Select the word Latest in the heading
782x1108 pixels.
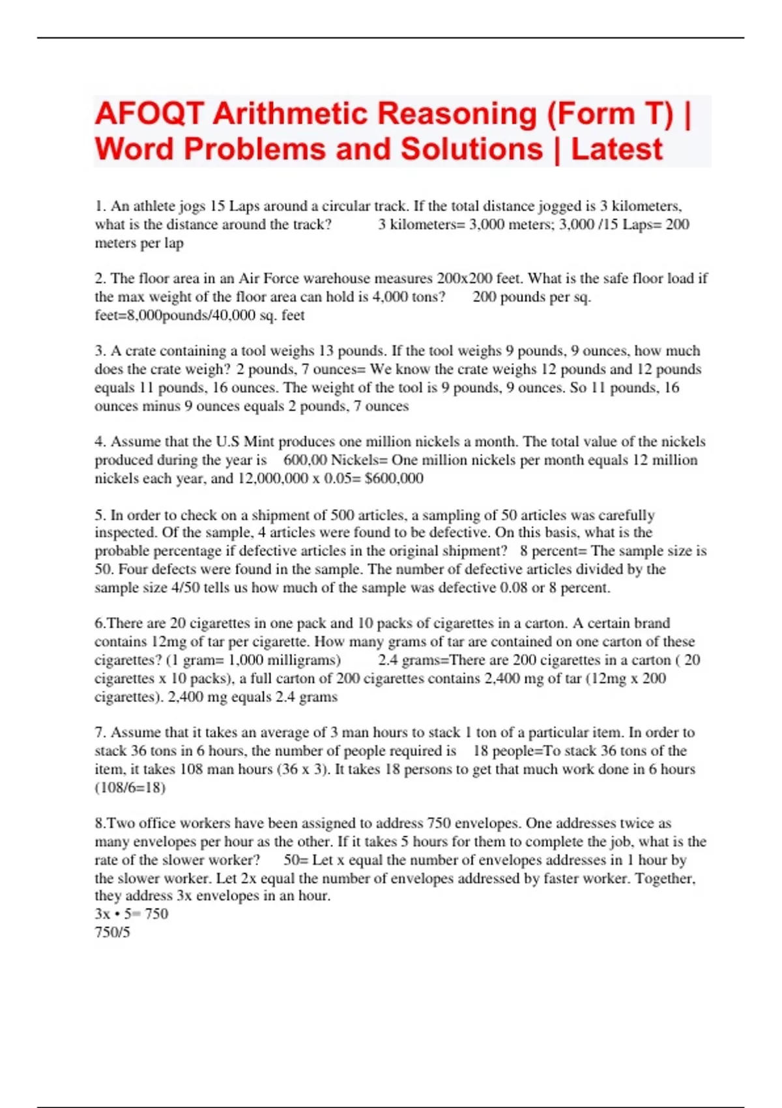(616, 149)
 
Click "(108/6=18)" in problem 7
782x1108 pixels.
(130, 787)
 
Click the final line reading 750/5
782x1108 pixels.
(113, 932)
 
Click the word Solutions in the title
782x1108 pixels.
(471, 149)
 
